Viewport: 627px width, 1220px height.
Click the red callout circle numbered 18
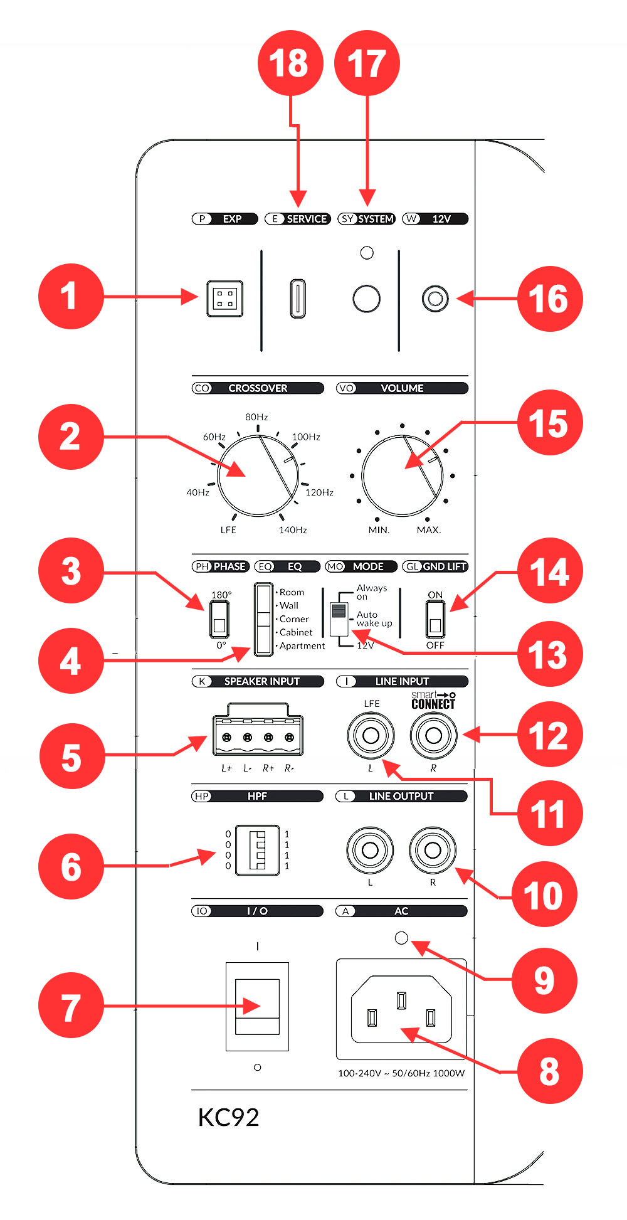click(290, 63)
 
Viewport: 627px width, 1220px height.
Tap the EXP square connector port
click(225, 298)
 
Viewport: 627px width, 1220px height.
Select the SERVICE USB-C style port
click(298, 298)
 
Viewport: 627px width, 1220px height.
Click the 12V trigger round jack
click(435, 299)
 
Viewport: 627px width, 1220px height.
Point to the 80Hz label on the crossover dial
click(256, 417)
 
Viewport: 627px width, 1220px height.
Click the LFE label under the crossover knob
click(228, 530)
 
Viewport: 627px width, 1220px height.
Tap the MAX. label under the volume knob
click(429, 530)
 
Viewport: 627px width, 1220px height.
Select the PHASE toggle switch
click(219, 619)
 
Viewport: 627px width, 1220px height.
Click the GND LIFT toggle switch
click(435, 619)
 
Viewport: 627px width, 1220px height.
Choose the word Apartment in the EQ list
click(302, 646)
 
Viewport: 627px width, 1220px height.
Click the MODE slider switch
click(339, 618)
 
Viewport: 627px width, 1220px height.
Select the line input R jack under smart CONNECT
click(433, 735)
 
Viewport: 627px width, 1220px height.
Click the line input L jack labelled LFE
click(371, 735)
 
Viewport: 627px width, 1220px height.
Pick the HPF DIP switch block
click(257, 850)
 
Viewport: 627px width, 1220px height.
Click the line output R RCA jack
click(433, 850)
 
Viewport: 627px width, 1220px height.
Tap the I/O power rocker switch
click(257, 1006)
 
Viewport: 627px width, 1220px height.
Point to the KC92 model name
click(228, 1117)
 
